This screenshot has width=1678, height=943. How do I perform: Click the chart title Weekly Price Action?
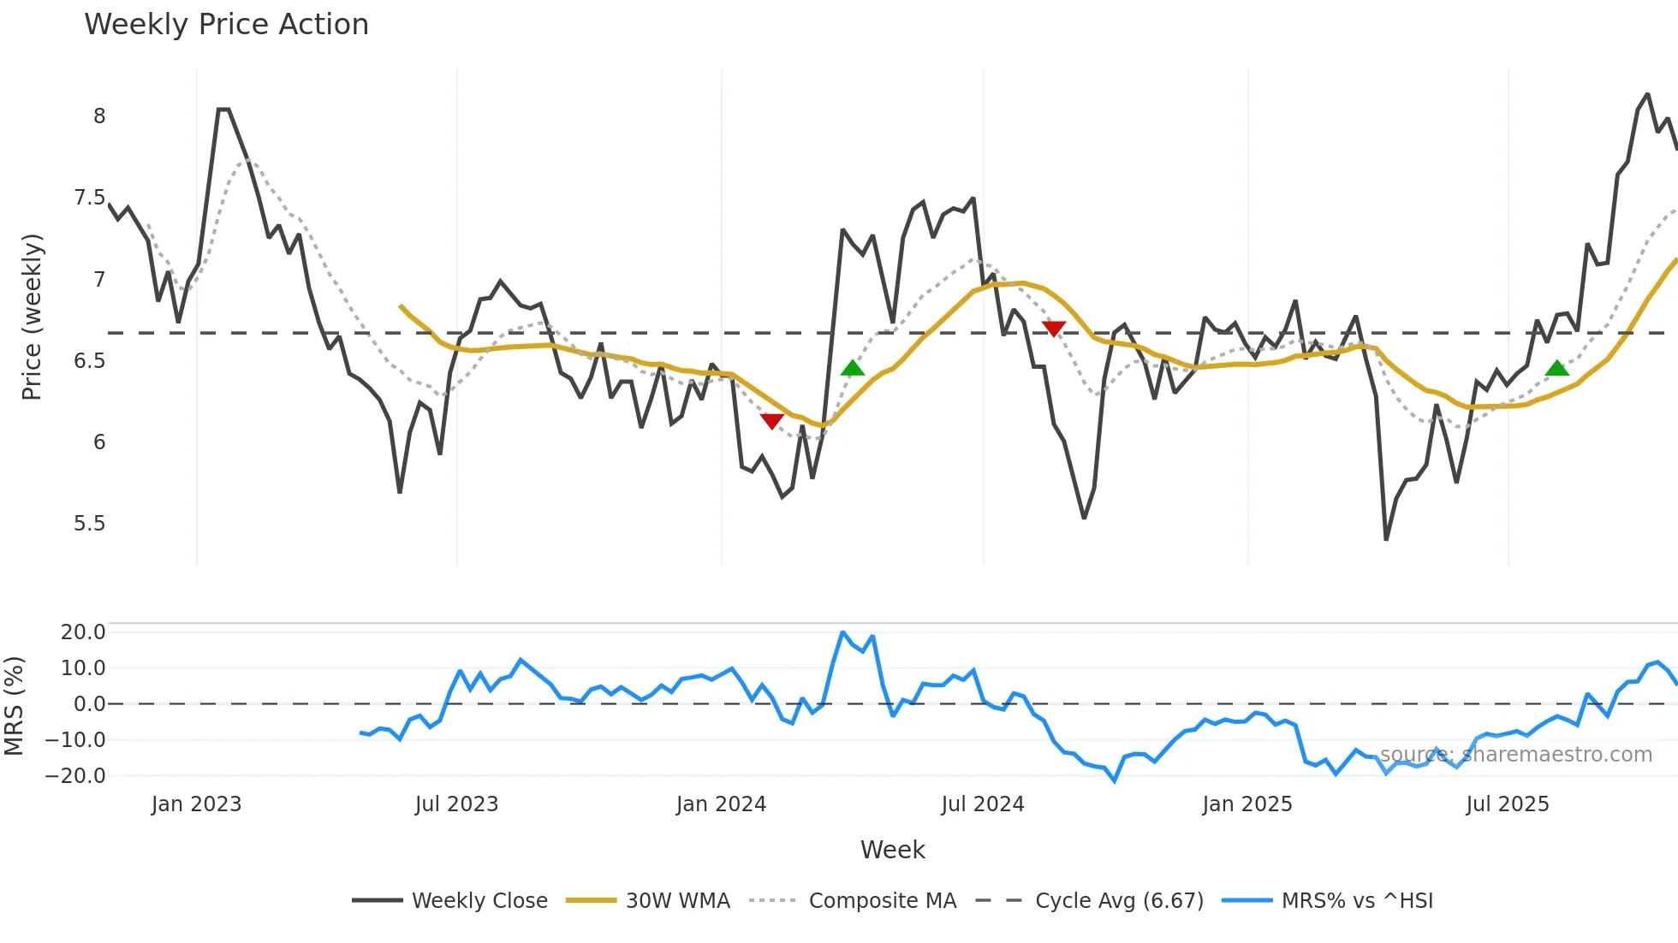click(x=226, y=24)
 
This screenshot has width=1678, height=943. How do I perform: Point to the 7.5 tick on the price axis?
click(x=89, y=198)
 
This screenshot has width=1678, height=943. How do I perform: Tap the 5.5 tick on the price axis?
click(x=89, y=523)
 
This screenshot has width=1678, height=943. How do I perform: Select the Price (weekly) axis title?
click(x=32, y=317)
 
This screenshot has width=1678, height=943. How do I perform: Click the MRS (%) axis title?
click(x=14, y=706)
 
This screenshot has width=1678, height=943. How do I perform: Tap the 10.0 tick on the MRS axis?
click(x=83, y=667)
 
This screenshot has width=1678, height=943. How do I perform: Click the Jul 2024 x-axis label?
click(x=982, y=804)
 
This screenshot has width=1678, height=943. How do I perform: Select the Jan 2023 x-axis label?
click(x=196, y=804)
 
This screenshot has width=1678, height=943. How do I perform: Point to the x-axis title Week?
click(x=892, y=850)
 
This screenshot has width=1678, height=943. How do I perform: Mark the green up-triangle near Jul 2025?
click(x=1557, y=369)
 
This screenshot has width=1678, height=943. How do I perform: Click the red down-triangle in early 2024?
click(x=771, y=421)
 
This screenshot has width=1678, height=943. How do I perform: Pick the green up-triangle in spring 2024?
click(x=853, y=369)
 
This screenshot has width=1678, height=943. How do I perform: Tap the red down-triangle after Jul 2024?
click(x=1054, y=329)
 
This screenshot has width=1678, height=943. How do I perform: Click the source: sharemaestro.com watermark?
click(x=1515, y=755)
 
